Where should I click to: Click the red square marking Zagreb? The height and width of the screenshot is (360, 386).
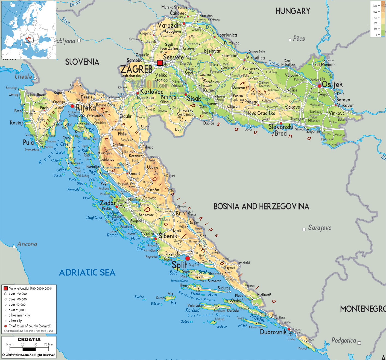160,63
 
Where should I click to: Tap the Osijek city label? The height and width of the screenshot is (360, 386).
332,84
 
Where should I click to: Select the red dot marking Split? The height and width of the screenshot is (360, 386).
188,258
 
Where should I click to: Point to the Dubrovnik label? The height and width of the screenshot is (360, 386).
273,332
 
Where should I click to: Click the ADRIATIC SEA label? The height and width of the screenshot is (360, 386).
87,272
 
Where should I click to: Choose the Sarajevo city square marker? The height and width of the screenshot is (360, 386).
304,230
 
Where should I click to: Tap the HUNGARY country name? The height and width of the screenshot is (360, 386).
293,11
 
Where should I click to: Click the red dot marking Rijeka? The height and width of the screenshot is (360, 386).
72,106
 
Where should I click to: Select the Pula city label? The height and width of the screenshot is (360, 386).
28,142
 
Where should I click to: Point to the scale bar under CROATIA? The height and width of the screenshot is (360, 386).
29,349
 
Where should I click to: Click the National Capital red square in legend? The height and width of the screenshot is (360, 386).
5,288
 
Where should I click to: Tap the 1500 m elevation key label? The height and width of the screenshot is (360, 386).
376,6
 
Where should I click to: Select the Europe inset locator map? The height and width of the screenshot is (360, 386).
29,30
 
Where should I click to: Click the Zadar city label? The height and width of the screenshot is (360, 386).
107,203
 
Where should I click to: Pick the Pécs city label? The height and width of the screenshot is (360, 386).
299,39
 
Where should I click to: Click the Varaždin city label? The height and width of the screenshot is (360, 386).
169,25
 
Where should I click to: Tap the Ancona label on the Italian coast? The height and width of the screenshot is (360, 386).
27,244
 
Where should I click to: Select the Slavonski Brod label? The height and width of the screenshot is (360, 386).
280,130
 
